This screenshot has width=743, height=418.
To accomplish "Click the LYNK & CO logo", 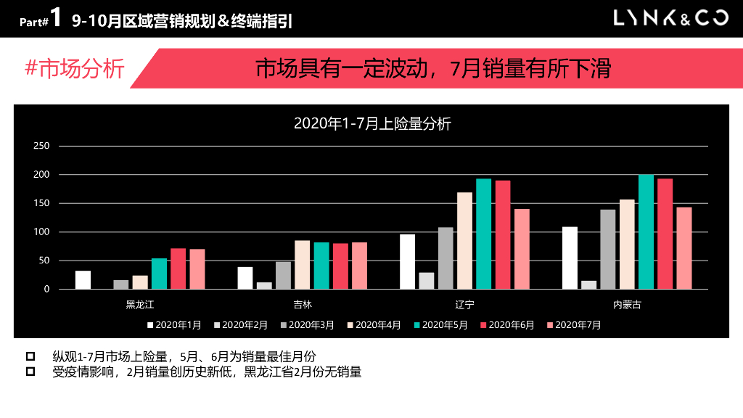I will click(670, 18).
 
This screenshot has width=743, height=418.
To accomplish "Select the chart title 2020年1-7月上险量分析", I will click(372, 123).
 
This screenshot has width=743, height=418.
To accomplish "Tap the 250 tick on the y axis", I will click(42, 146).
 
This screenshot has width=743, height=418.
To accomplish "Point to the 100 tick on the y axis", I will click(42, 232).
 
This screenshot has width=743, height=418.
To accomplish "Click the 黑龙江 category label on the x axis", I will click(140, 305).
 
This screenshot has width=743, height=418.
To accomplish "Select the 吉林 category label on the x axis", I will click(303, 305).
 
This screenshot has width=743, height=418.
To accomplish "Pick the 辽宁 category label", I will click(465, 305).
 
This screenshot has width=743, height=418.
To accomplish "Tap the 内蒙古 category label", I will click(628, 305).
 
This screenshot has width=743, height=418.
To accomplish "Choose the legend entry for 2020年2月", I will click(242, 325).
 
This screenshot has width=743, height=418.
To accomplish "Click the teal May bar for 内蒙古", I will click(646, 231).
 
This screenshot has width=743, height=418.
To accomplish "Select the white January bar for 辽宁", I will click(408, 261).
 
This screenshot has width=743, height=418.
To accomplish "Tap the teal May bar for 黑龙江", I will click(159, 274).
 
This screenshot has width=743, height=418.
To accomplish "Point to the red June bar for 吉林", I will click(340, 266).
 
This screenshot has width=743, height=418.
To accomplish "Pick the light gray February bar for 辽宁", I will click(427, 281).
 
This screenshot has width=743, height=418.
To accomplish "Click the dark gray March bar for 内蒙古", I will click(608, 249).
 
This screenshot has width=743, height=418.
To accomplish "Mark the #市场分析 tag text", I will click(75, 69).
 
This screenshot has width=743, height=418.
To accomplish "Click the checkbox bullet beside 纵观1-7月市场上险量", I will click(30, 356).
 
